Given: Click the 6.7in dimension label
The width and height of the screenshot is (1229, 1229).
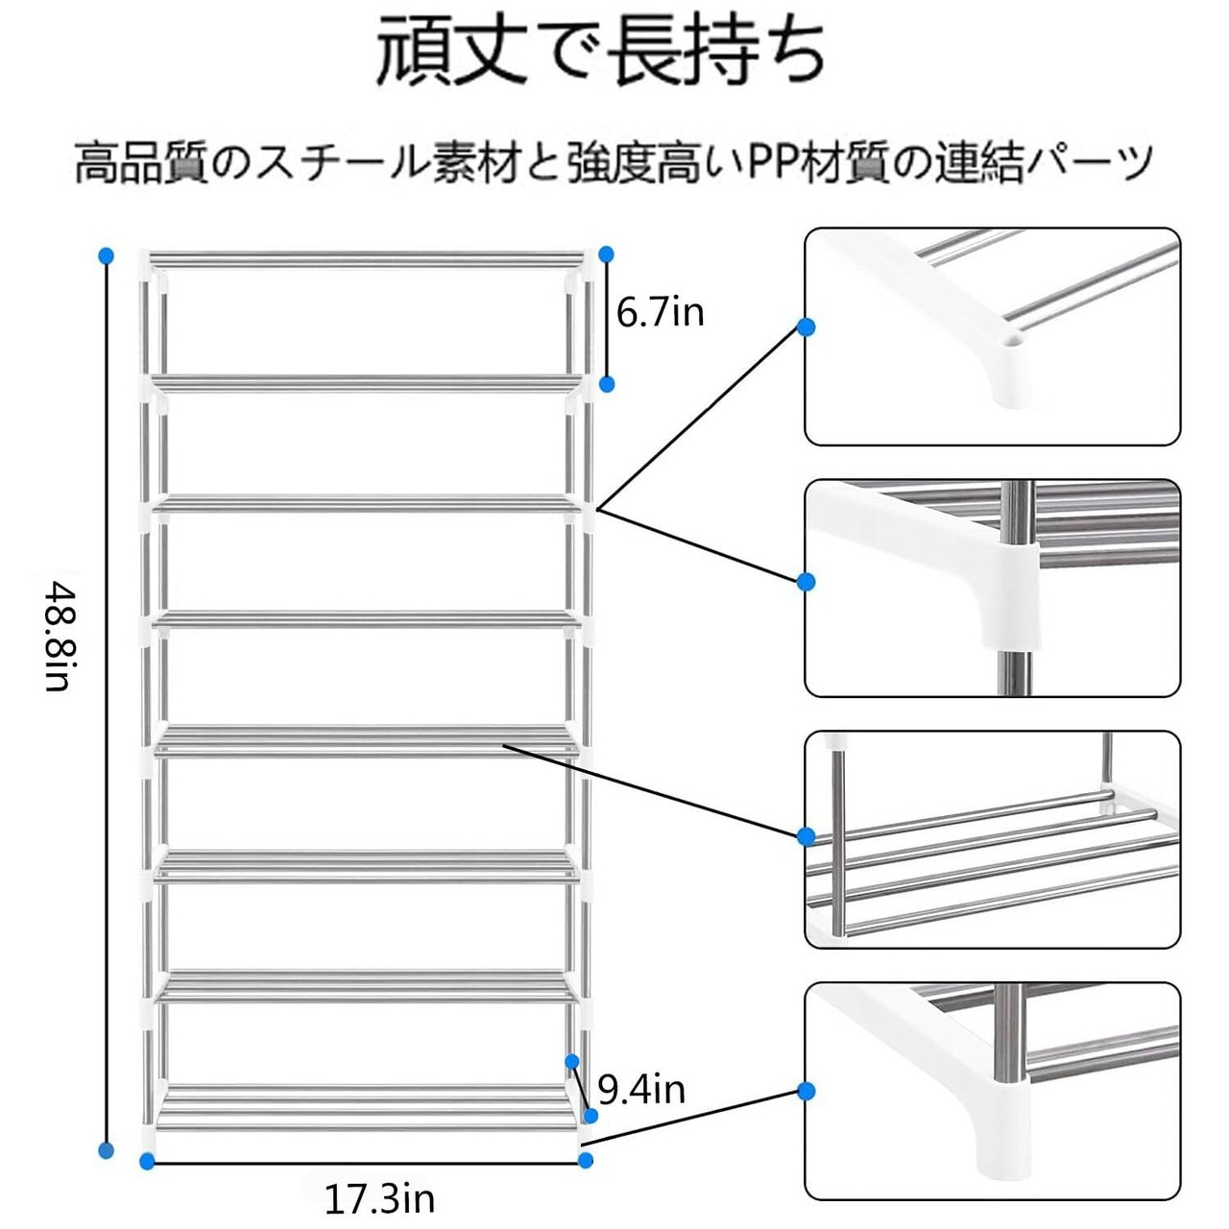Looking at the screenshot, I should point(660,312).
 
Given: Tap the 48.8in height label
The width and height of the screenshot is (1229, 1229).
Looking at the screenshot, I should point(58,639).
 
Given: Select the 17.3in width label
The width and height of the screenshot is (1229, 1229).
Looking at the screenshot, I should point(379,1199).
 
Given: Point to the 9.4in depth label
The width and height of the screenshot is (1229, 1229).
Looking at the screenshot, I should point(641,1089).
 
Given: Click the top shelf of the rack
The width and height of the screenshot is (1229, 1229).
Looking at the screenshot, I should point(366,259).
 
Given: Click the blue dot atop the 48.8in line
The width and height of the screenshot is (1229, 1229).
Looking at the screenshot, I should point(107,255).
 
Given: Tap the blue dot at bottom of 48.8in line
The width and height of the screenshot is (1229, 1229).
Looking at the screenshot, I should point(107,1150).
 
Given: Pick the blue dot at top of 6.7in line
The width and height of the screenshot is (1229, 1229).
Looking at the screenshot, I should point(606,253).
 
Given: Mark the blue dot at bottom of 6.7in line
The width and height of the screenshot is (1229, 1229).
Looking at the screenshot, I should point(607,384).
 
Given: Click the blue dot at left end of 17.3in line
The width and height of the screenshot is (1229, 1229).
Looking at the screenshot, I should point(147,1161).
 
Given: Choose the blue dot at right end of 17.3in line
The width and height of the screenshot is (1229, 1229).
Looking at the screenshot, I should point(587,1161).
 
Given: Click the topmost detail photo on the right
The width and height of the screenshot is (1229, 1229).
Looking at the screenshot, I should point(993,336).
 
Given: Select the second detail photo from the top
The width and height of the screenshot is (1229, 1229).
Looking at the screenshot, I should point(993,588).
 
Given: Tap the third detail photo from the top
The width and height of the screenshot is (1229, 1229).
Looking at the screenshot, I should point(993,839).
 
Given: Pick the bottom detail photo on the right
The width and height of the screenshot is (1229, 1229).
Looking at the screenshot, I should point(993,1091).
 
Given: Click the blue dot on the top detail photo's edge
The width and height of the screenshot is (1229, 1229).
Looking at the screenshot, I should point(807,326).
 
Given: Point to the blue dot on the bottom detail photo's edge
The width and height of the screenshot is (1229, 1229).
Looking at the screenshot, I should point(807,1091).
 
